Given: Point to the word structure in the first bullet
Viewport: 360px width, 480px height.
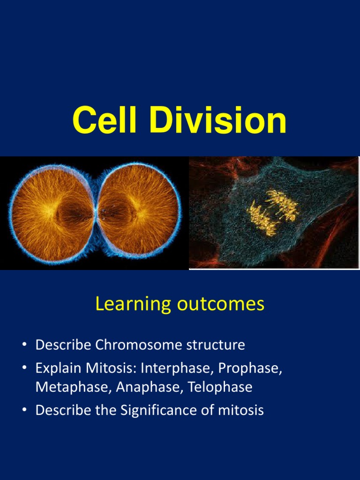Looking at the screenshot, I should (217, 345).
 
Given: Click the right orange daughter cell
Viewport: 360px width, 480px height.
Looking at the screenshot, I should (139, 213).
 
